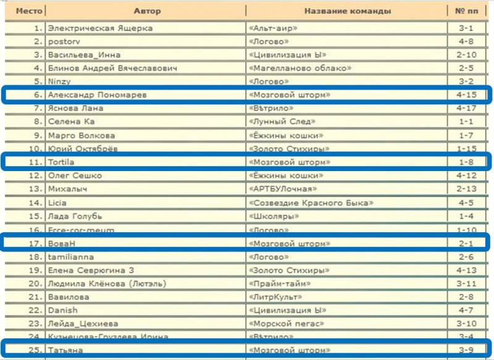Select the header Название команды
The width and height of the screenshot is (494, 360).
click(x=347, y=11)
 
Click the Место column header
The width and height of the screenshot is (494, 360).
click(x=25, y=11)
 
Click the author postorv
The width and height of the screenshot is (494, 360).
click(x=65, y=41)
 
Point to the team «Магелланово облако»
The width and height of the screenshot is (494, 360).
click(x=300, y=68)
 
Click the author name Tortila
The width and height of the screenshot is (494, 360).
click(x=62, y=162)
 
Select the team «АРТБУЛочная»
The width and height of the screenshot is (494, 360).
click(x=283, y=189)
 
